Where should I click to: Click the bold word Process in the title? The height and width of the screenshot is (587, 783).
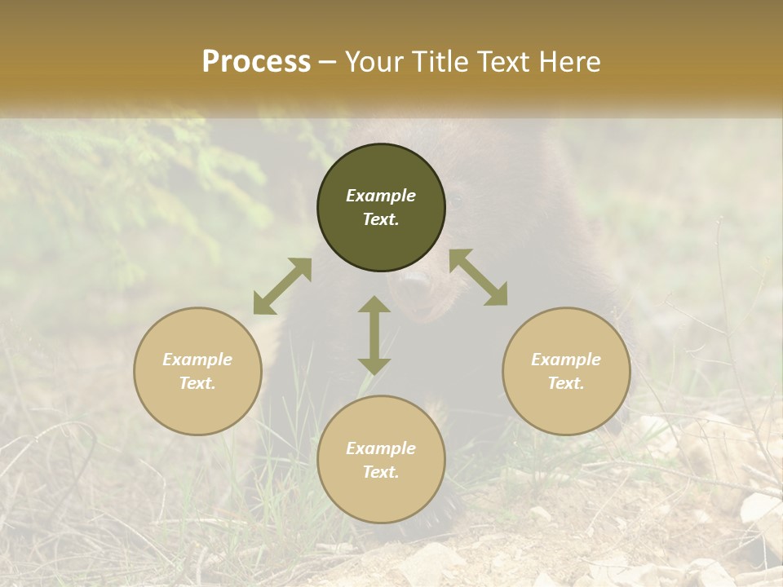click(256, 61)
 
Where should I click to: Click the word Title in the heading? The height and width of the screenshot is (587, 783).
click(440, 61)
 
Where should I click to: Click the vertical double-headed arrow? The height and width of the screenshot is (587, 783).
click(374, 335)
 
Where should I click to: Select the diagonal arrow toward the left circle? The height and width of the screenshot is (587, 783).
click(282, 286)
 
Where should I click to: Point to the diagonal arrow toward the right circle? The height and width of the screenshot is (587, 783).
click(479, 277)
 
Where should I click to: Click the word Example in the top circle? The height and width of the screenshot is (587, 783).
click(381, 196)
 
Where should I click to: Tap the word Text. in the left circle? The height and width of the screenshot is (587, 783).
click(197, 383)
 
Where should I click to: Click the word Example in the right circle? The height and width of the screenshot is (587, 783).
click(566, 360)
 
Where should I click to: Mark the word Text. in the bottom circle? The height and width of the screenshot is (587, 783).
click(381, 472)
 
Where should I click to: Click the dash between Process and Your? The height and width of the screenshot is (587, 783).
click(328, 62)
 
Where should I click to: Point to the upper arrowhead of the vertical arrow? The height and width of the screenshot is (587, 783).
click(374, 306)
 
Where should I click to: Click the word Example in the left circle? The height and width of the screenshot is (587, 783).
click(197, 360)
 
